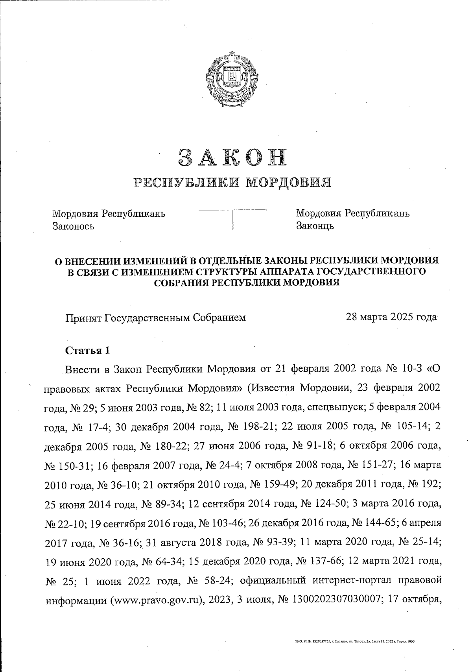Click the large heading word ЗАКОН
click(232, 157)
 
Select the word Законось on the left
click(73, 226)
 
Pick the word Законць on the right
click(315, 226)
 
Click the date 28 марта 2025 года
click(391, 317)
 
